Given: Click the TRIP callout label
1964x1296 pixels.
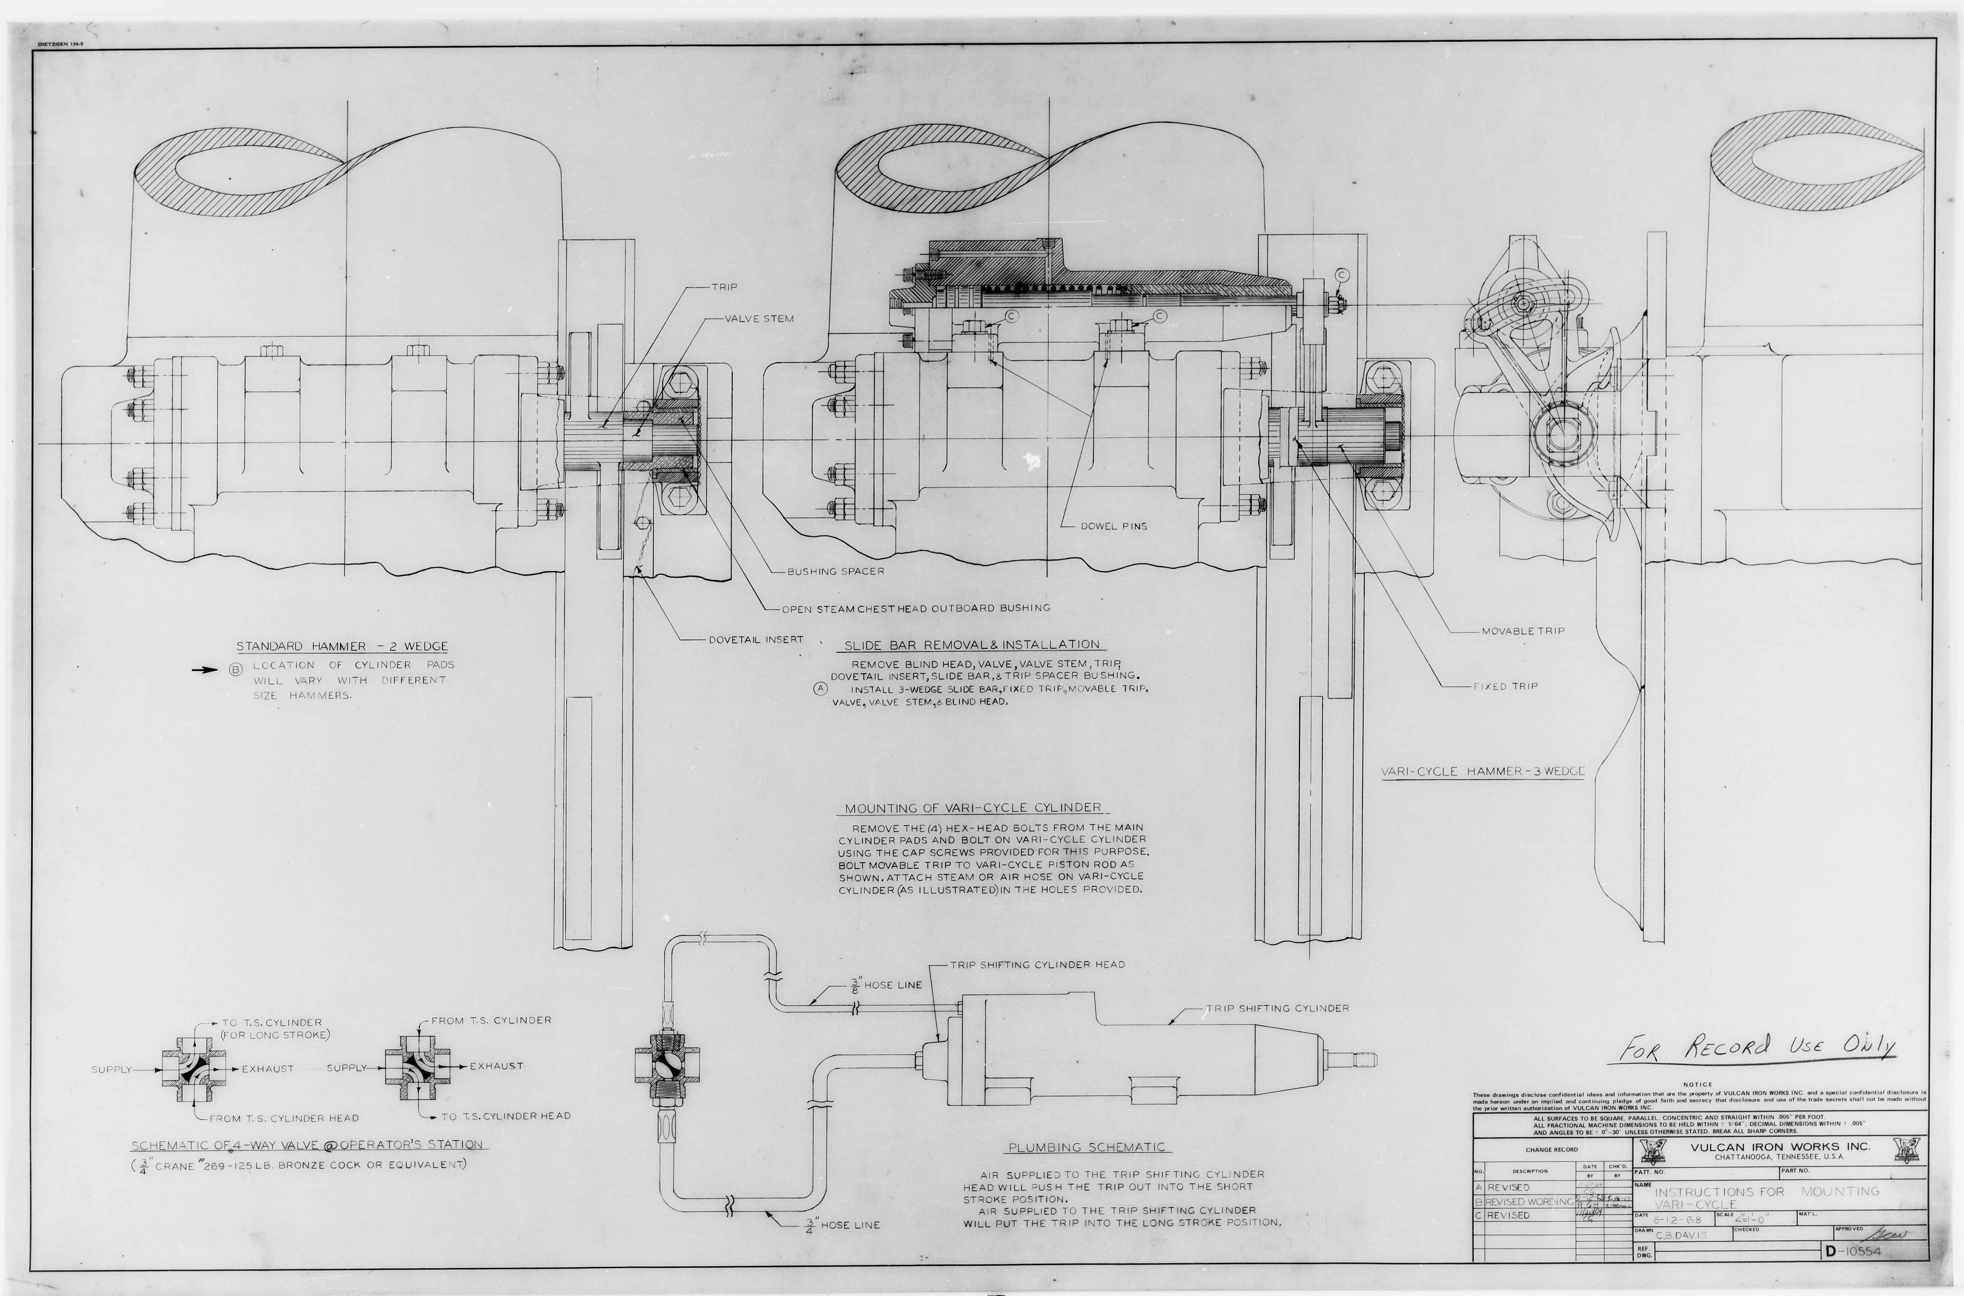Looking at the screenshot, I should (x=724, y=287).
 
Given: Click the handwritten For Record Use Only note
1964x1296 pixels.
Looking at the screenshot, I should (x=1757, y=1048).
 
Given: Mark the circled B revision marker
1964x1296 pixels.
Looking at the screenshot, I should (x=236, y=670).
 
